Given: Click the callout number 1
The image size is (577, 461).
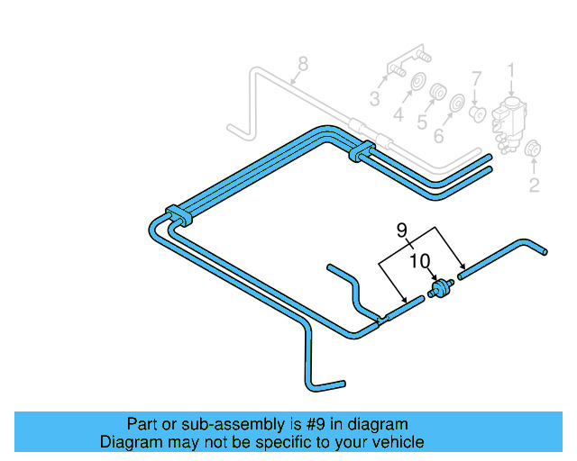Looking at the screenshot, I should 511,69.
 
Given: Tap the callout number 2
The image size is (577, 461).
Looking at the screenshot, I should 534,186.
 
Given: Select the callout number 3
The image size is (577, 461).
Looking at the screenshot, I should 374,98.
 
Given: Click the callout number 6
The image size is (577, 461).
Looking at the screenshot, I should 439,136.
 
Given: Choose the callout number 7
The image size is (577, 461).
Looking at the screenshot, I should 478,78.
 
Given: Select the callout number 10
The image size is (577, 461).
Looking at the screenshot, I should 419,261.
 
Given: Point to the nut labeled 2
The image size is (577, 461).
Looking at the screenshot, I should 532,151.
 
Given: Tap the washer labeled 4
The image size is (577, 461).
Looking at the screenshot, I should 417,86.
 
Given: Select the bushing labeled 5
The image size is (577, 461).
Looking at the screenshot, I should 439,94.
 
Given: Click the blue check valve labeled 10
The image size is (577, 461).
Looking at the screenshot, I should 441,290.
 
